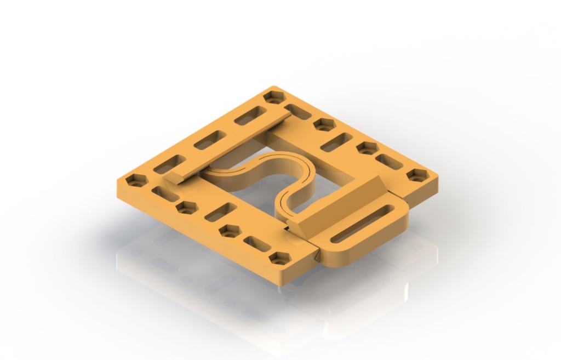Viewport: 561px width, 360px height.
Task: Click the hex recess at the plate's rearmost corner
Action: click(274, 98)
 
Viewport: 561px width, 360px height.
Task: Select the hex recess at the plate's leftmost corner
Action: click(136, 180)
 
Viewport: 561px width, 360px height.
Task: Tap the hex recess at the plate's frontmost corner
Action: click(280, 258)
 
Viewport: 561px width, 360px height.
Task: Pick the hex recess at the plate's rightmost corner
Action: click(417, 175)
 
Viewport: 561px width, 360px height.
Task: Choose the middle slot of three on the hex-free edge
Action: click(210, 140)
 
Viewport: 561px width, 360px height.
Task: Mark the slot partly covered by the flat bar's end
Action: click(298, 111)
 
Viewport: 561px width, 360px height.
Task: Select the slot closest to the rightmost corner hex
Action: click(389, 161)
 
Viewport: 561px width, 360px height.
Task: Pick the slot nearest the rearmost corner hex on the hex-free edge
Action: click(250, 116)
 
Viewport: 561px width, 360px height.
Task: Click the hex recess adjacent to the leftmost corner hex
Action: click(187, 208)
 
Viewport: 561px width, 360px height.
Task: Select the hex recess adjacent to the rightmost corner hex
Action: click(367, 148)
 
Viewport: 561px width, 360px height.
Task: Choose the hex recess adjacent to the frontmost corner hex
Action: click(230, 231)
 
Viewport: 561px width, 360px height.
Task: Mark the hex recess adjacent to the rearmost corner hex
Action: click(324, 124)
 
